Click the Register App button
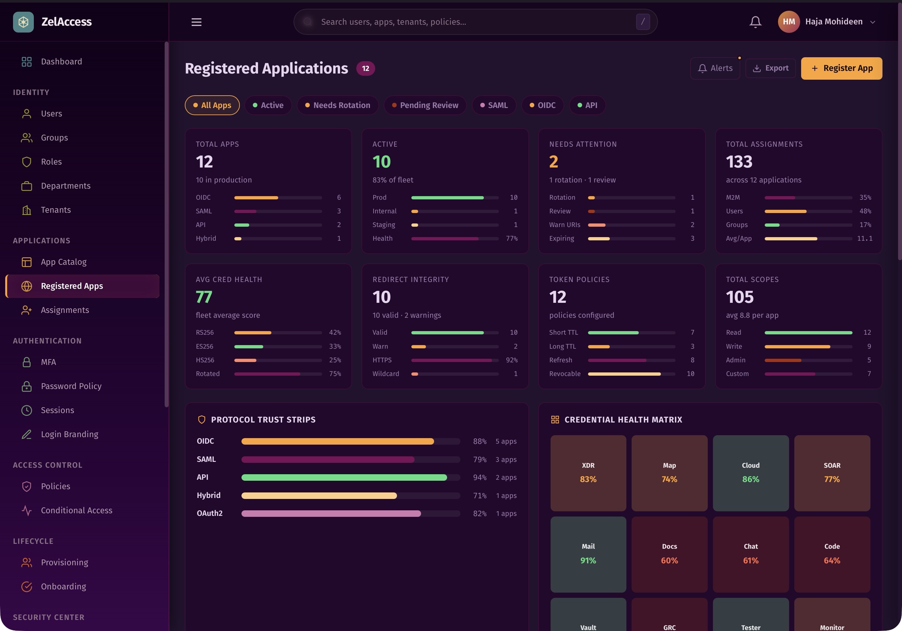[x=841, y=68]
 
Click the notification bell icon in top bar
[x=755, y=22]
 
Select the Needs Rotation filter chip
[x=337, y=105]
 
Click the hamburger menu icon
[x=197, y=22]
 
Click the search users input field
[x=471, y=22]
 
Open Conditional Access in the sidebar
[x=76, y=510]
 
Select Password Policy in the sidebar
[x=71, y=386]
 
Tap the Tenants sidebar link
[x=56, y=210]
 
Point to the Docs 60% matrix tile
[x=669, y=554]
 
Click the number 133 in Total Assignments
[x=739, y=162]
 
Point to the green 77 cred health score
[x=204, y=297]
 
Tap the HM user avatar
[x=788, y=22]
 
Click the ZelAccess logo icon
[x=23, y=22]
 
